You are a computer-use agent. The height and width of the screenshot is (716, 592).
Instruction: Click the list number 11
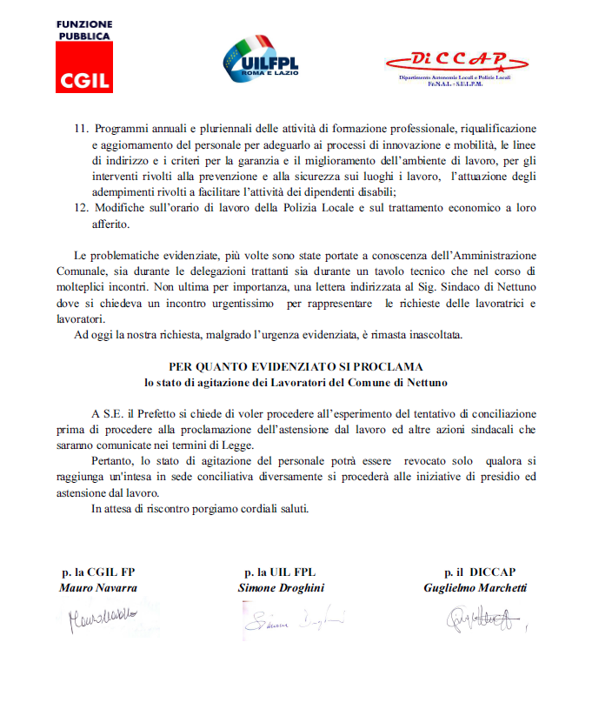pos(81,129)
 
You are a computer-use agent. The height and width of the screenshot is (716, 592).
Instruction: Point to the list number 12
pos(81,210)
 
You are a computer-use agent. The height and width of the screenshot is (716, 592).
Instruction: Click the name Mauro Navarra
pos(98,588)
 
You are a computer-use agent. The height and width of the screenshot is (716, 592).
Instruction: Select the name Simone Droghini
pos(282,588)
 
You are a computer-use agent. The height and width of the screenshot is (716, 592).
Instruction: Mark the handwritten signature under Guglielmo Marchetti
pos(482,619)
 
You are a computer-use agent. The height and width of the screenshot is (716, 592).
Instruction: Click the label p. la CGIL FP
pos(98,573)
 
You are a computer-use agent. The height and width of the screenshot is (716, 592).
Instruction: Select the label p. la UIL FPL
pos(282,573)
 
